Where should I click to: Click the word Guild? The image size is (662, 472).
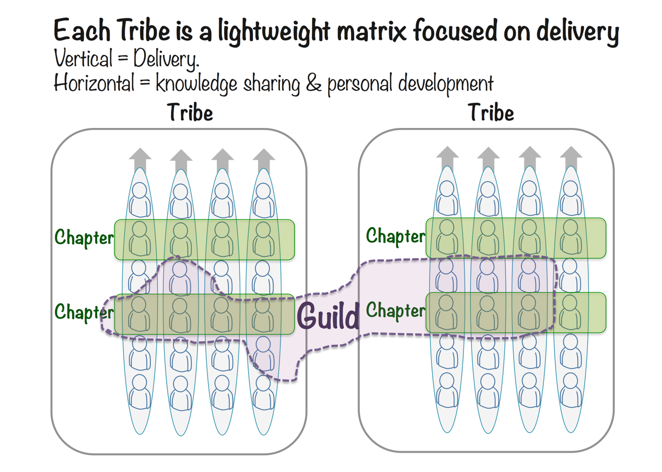(x=328, y=315)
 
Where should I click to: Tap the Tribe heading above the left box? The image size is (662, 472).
(x=190, y=113)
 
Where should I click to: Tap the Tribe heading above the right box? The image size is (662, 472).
(x=491, y=113)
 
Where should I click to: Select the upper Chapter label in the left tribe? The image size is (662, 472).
(x=84, y=237)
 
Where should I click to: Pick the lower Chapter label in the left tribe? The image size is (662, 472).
(x=84, y=312)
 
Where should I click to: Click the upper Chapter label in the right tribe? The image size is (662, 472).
(x=396, y=235)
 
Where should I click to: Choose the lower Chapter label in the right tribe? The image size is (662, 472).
(x=396, y=310)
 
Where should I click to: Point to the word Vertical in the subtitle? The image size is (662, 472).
(x=83, y=59)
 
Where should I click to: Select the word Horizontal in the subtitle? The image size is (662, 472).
(x=94, y=84)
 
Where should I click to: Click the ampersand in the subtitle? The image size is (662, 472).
(x=313, y=84)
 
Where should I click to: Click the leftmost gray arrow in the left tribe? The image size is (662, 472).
(x=140, y=158)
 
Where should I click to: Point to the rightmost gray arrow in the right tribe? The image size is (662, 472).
(x=571, y=156)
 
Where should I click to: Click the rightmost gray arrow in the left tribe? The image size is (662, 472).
(x=264, y=158)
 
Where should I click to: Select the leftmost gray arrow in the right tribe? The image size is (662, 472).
(x=448, y=156)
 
